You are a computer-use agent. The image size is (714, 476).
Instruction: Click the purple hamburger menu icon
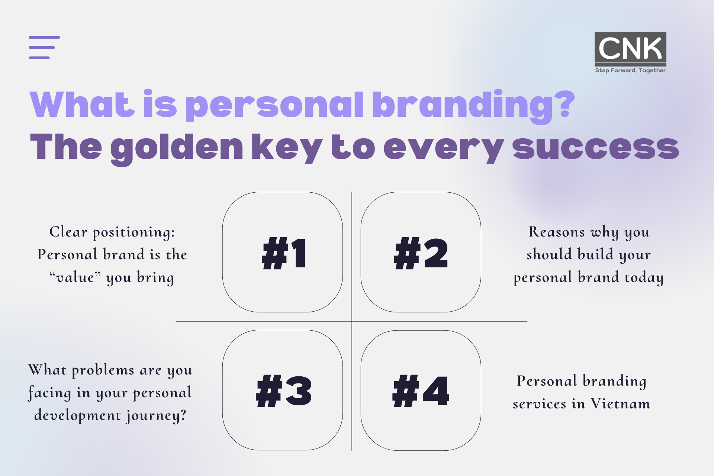coord(44,48)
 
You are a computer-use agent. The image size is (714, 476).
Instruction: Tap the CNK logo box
coord(630,48)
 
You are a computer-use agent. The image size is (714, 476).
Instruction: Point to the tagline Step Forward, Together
coord(630,70)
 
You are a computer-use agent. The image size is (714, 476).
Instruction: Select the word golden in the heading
coord(177,149)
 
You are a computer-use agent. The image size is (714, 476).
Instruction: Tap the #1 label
coord(284,253)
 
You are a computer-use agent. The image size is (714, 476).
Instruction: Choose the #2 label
coord(421,253)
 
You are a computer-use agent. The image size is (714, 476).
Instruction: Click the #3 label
coord(284,391)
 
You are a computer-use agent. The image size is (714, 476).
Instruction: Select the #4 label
coord(421,391)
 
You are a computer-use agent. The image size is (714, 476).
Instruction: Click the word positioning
coord(134,233)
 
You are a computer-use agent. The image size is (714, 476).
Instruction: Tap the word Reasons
coord(557,232)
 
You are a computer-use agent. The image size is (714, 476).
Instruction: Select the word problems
coord(103,370)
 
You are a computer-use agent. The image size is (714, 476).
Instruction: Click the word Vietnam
coord(620,403)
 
